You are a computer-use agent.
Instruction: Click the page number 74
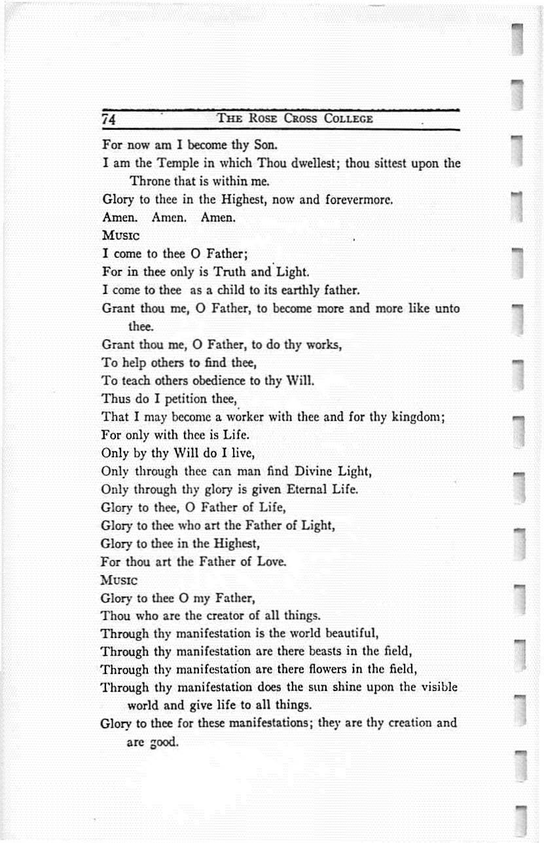[109, 120]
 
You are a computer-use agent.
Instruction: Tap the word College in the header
[346, 119]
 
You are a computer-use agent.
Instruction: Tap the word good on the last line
[164, 743]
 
